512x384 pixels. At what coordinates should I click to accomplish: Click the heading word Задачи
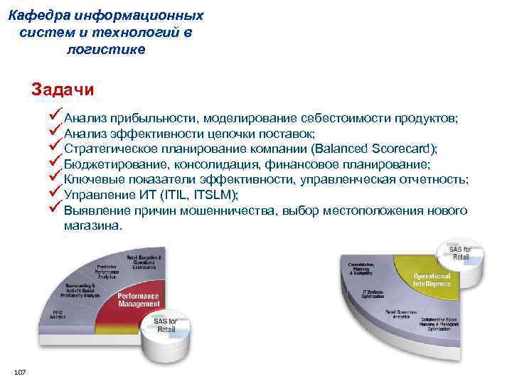pos(63,91)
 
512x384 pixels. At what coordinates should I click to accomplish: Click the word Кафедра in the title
pos(43,15)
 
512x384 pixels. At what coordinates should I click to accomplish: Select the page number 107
pos(20,373)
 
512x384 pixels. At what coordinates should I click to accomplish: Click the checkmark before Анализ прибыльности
pos(56,117)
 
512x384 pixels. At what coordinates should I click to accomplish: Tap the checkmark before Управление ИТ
pos(56,193)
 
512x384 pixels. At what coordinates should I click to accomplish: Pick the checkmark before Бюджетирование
pos(56,163)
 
